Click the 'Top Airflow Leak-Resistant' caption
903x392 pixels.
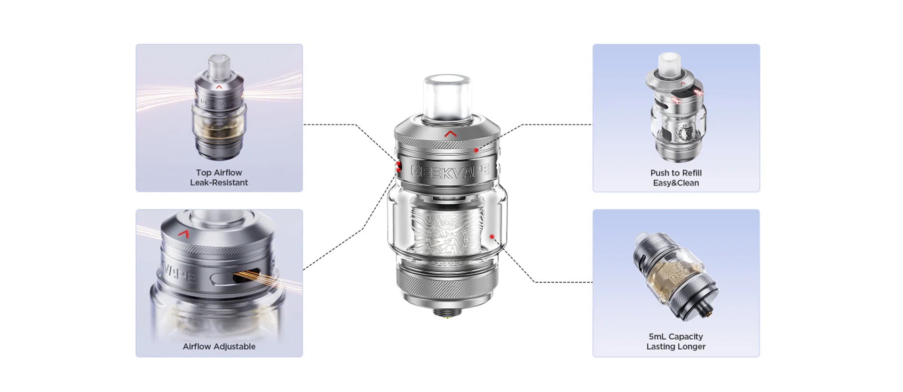219,177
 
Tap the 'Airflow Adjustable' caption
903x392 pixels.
219,346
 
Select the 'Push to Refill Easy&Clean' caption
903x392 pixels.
676,178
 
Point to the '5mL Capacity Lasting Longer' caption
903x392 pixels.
676,342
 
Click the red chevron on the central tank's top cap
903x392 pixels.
451,134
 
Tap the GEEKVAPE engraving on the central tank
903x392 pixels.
450,171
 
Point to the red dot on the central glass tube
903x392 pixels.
492,236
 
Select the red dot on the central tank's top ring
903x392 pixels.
476,150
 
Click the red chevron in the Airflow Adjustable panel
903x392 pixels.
184,233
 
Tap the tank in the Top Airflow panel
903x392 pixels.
219,107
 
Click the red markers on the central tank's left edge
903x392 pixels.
398,167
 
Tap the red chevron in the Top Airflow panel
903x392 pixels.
219,87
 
